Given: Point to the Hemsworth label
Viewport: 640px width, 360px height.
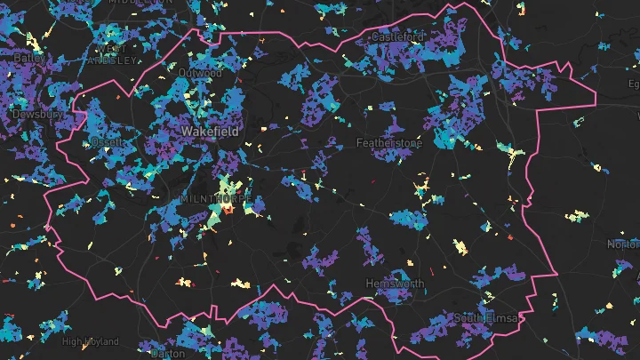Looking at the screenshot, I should coord(395,284).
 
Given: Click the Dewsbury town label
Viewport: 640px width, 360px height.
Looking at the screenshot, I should coord(36,115).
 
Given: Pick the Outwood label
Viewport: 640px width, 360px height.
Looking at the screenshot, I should coord(198,73).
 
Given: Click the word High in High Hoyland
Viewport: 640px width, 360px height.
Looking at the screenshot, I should coord(72,340).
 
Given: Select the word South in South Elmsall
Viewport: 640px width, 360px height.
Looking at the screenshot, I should coord(468,317).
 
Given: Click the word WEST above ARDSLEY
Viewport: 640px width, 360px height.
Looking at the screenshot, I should coord(112,49).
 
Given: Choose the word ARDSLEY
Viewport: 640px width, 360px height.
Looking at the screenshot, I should coord(113,60).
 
